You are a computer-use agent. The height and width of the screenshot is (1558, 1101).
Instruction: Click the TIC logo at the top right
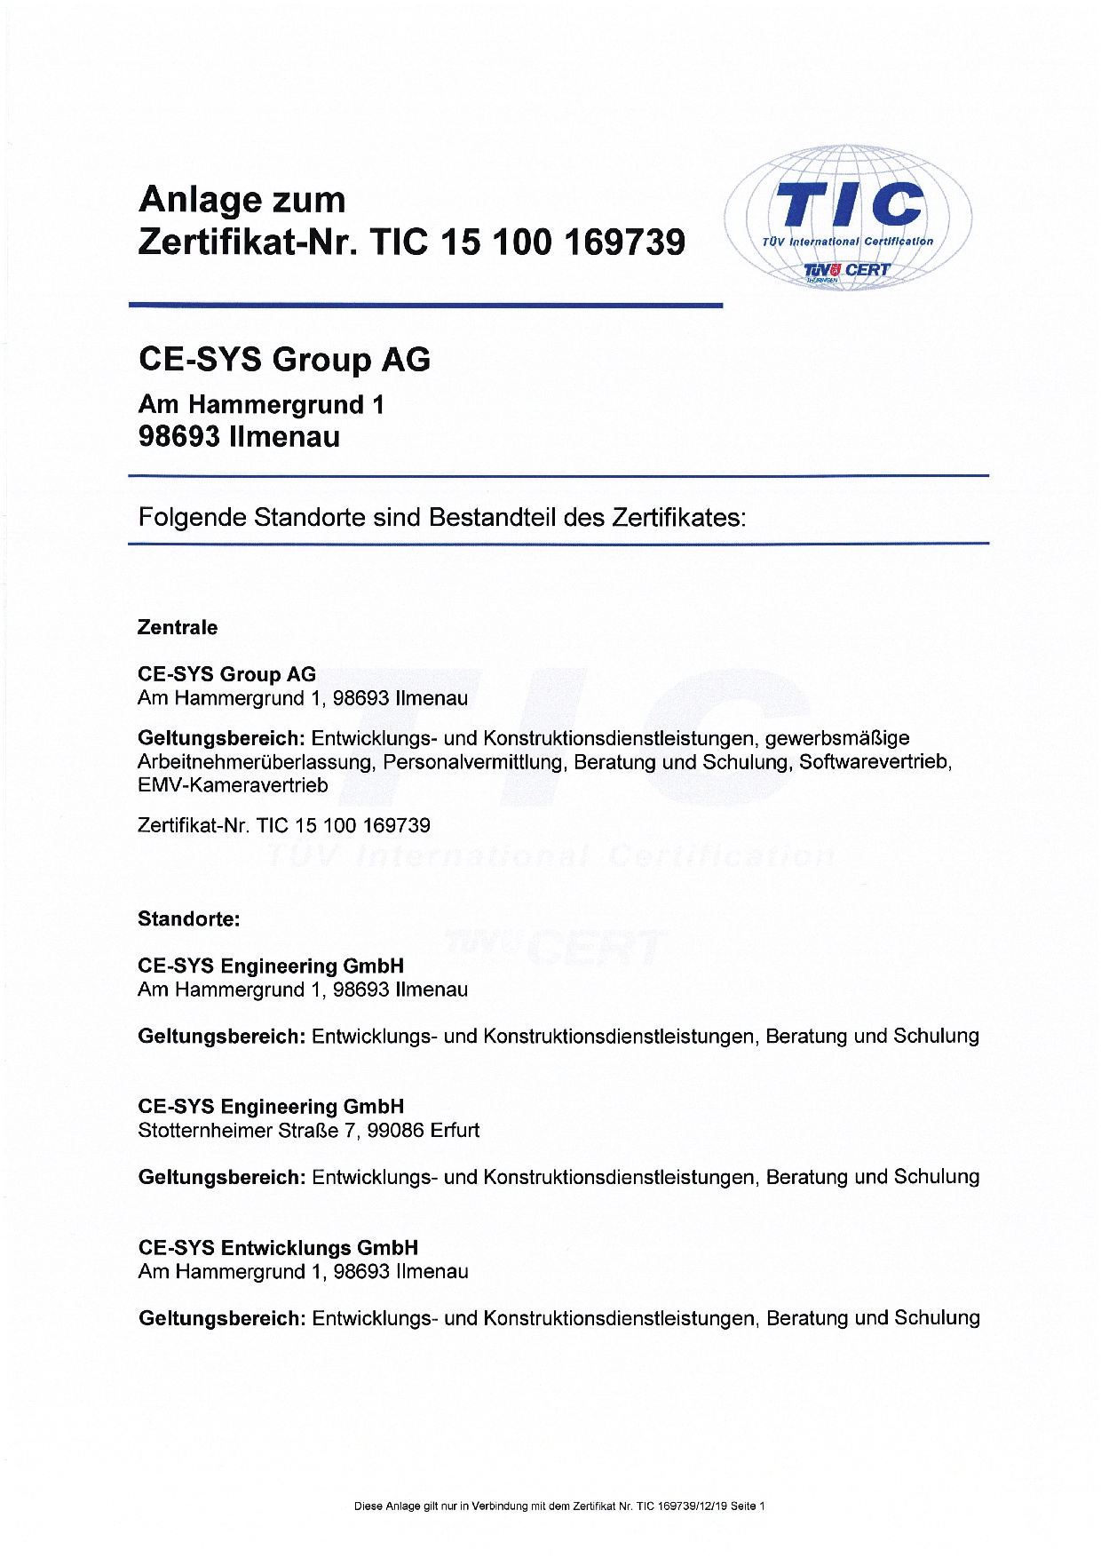[x=848, y=218]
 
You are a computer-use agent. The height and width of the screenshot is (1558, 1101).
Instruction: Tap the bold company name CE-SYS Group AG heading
[x=284, y=360]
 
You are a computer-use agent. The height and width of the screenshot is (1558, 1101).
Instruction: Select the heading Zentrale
[x=178, y=628]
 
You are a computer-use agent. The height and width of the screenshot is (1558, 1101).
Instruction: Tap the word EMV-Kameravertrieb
[x=233, y=785]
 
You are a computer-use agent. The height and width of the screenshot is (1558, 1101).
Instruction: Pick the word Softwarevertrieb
[x=875, y=762]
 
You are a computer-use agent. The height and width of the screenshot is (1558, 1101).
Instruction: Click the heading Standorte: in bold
[x=188, y=919]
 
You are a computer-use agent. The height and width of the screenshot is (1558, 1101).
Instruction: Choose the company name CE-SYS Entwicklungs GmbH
[x=278, y=1248]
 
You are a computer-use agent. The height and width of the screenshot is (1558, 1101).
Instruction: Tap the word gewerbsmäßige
[x=836, y=738]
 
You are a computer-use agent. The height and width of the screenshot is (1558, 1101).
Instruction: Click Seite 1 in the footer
[x=748, y=1506]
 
